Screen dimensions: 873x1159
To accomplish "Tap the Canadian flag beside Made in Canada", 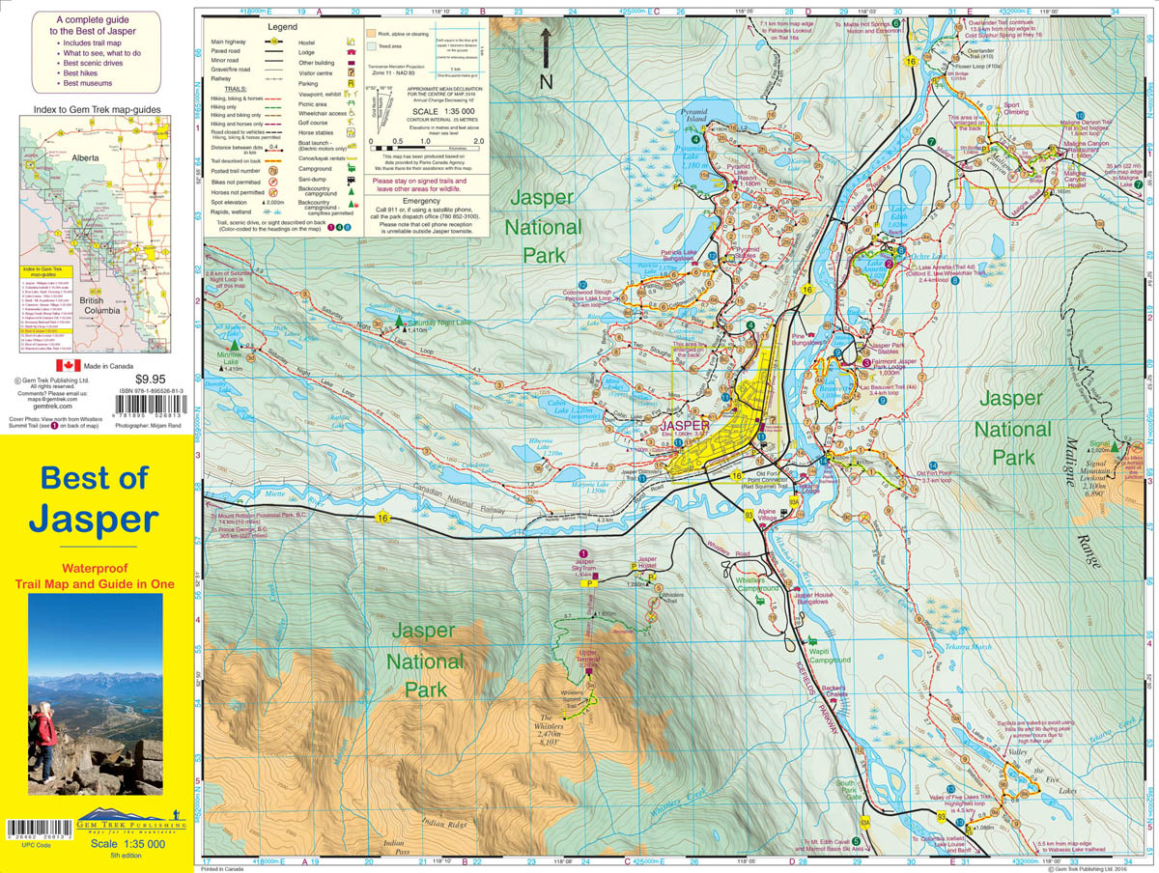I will (68, 365).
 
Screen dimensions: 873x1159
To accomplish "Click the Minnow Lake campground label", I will (230, 357).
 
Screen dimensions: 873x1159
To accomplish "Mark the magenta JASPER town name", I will (686, 424).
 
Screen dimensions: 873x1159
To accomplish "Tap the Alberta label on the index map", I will (86, 156).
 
